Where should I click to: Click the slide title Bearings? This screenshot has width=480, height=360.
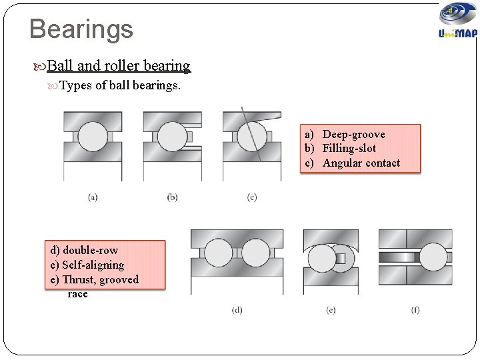tap(81, 29)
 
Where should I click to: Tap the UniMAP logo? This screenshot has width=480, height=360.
tap(457, 22)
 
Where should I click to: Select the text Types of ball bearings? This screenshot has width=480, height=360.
tap(120, 86)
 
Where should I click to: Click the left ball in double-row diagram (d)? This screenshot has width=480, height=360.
tap(217, 254)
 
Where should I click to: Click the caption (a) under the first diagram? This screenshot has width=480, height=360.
tap(93, 197)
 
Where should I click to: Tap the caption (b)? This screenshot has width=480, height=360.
tap(172, 197)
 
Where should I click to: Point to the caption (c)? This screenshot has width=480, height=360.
tap(251, 197)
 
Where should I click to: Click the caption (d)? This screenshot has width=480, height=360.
tap(237, 310)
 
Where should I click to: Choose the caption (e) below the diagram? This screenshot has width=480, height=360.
tap(331, 310)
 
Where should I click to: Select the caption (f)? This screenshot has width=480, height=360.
tap(415, 310)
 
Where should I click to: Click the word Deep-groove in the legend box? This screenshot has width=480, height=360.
tap(353, 135)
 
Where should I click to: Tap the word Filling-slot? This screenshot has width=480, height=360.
tap(349, 149)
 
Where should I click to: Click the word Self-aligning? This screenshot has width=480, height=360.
tap(93, 265)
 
